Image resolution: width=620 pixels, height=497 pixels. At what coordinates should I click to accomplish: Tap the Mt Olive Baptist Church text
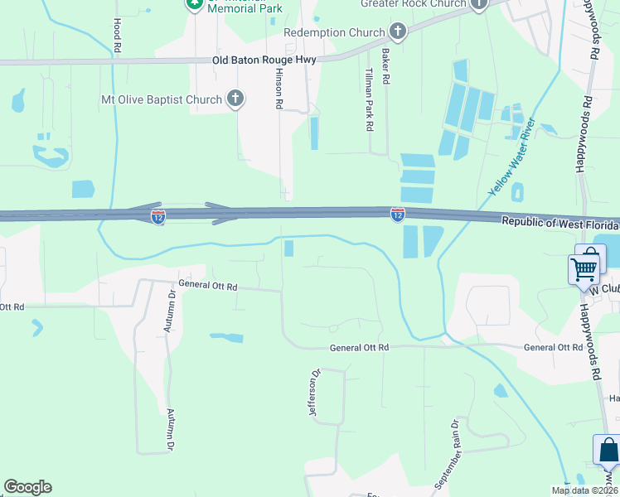pos(162,100)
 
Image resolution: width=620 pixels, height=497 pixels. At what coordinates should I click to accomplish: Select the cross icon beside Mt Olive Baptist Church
pos(235,99)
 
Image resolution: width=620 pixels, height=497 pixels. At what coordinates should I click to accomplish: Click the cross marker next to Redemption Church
pos(398,32)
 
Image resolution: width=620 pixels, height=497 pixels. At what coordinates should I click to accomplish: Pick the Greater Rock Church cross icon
pos(479,4)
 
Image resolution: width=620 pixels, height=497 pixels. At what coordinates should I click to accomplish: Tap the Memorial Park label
pos(245,8)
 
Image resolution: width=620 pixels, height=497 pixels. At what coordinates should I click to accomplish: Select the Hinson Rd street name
pos(279,90)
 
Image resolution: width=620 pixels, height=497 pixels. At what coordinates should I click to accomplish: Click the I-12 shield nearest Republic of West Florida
pos(398,215)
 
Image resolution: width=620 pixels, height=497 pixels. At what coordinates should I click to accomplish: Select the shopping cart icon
pos(584,268)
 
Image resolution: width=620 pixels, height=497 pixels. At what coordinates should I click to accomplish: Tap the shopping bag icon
pos(608,451)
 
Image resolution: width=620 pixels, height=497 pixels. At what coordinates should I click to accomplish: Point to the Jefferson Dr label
pos(314,393)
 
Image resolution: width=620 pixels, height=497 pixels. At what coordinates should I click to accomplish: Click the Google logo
pos(27,487)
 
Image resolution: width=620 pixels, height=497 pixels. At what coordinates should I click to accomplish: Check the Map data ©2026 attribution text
pos(584,490)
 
